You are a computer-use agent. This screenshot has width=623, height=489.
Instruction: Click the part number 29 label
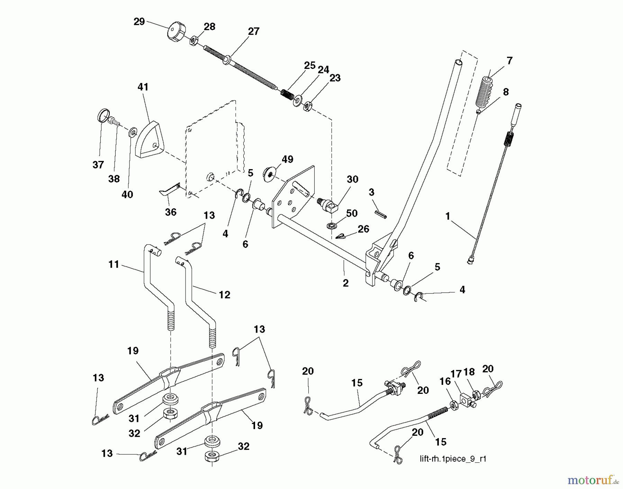tap(139, 22)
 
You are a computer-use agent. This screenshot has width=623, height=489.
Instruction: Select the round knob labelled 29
tap(177, 33)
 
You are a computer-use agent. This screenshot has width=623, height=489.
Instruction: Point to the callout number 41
tap(143, 87)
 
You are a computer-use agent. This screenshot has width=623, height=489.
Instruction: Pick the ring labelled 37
tap(103, 115)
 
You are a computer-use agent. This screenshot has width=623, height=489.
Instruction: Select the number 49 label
tap(287, 159)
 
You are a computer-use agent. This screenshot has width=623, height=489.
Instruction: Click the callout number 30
tap(352, 179)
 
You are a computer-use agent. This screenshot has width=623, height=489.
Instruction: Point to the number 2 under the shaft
tap(345, 283)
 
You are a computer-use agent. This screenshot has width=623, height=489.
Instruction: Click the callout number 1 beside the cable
tap(448, 216)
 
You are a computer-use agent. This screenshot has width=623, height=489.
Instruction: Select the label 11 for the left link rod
tap(114, 264)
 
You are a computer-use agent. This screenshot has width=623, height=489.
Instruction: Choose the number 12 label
tap(224, 295)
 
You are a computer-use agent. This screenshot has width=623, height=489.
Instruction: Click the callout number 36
tap(171, 212)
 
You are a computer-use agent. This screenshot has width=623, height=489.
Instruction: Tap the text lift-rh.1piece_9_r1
tap(453, 459)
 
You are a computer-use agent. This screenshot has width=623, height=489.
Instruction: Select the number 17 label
tap(456, 374)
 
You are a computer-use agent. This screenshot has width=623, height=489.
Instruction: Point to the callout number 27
tap(253, 31)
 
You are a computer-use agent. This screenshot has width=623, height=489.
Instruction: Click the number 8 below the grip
tap(506, 92)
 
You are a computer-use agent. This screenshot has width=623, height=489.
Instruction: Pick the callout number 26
tap(363, 229)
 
